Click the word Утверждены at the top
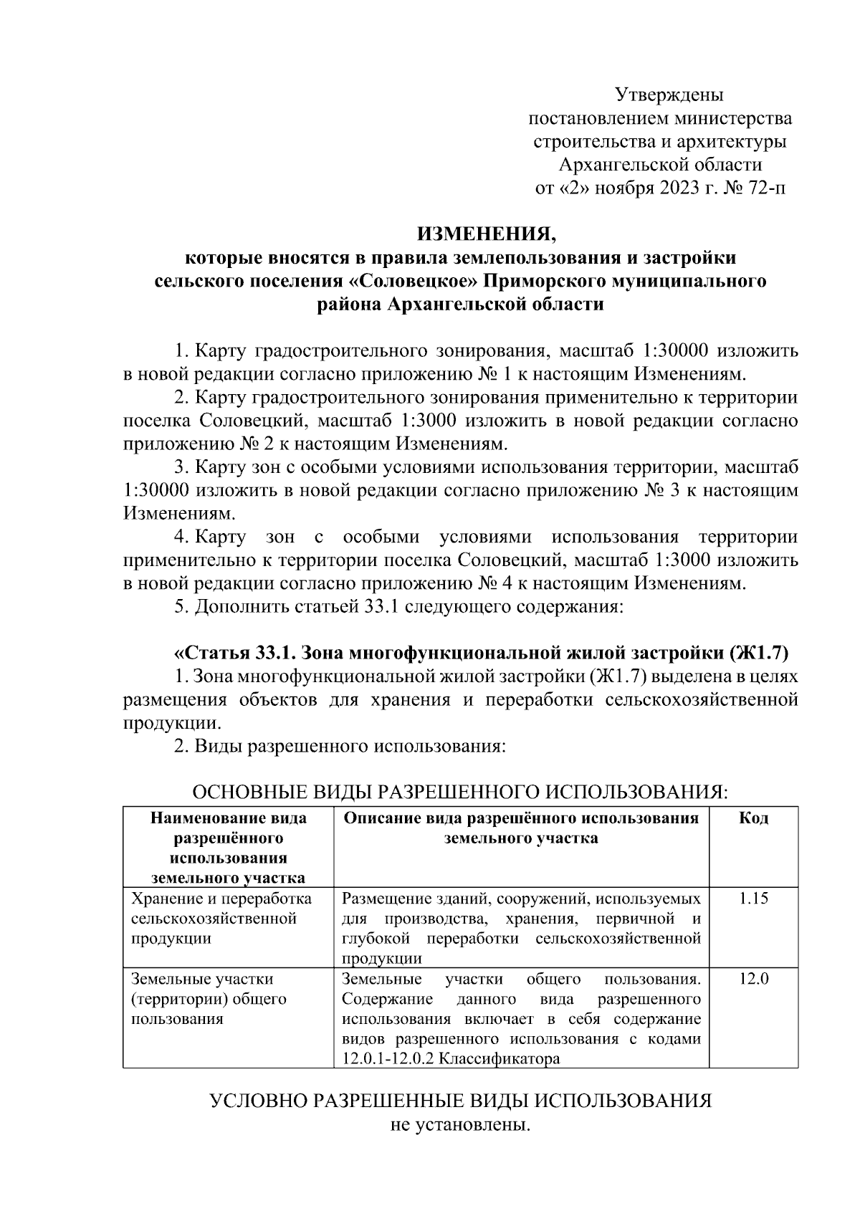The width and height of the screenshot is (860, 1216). [669, 94]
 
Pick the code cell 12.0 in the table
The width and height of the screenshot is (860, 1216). [753, 979]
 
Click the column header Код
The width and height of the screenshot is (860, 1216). [753, 818]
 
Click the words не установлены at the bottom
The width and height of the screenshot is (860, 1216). [460, 1126]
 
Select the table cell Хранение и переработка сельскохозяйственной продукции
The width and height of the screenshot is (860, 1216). [221, 919]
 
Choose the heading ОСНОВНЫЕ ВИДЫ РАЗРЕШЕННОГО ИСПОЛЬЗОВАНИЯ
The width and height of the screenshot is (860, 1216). [460, 793]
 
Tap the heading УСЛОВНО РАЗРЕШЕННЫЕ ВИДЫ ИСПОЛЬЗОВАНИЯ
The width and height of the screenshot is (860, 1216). [460, 1101]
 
